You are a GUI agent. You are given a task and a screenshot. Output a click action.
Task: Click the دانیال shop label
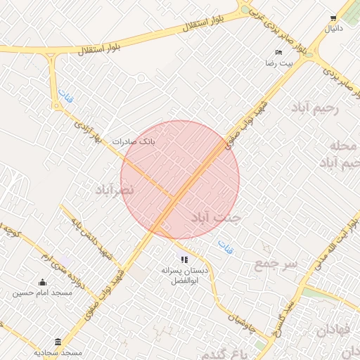coord(333,29)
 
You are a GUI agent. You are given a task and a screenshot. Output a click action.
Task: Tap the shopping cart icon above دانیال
coord(333,18)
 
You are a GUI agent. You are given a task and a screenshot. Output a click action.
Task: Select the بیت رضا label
coord(274,63)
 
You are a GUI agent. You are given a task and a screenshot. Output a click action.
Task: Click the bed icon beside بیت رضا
coord(279,52)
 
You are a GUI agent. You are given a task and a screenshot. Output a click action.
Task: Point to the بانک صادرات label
coord(131,141)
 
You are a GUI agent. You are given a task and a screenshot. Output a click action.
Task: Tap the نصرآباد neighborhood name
coord(114,190)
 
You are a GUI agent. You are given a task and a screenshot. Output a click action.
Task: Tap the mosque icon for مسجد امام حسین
coord(42,283)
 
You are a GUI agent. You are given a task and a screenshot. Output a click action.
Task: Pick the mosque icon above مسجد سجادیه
coord(58,341)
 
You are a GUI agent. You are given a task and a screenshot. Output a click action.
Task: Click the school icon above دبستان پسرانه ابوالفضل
coord(185,259)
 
